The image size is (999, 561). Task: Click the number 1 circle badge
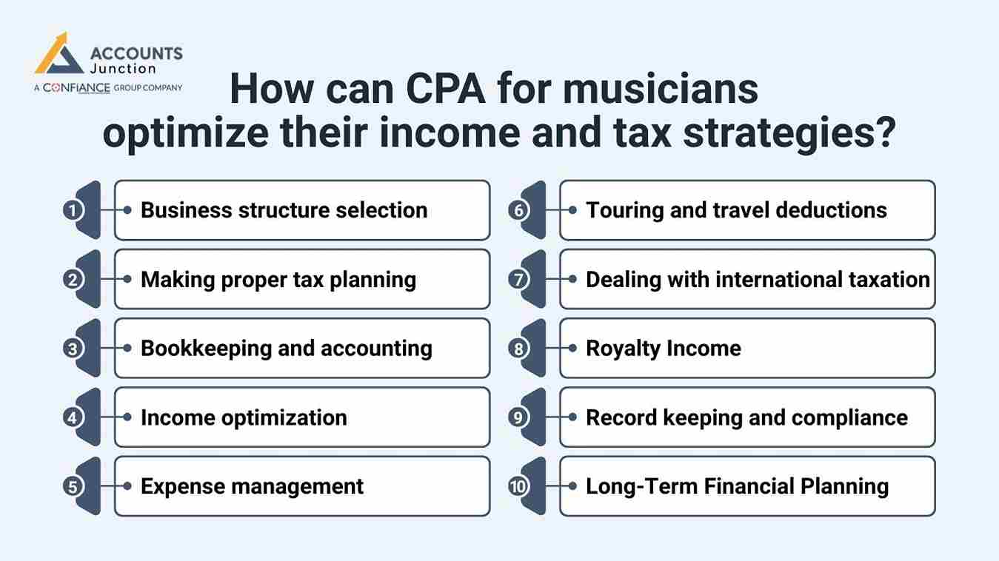(73, 210)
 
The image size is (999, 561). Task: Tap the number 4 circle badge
(73, 417)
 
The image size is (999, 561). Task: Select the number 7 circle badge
(518, 280)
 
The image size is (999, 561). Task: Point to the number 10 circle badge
(518, 487)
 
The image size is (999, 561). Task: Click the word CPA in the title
(445, 90)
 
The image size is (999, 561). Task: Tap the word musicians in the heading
(661, 90)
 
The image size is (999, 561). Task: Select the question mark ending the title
(883, 134)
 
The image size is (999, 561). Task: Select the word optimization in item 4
(291, 417)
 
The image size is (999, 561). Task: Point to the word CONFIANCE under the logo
(77, 87)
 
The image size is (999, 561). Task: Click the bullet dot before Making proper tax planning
(127, 280)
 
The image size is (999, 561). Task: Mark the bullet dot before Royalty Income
(572, 349)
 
